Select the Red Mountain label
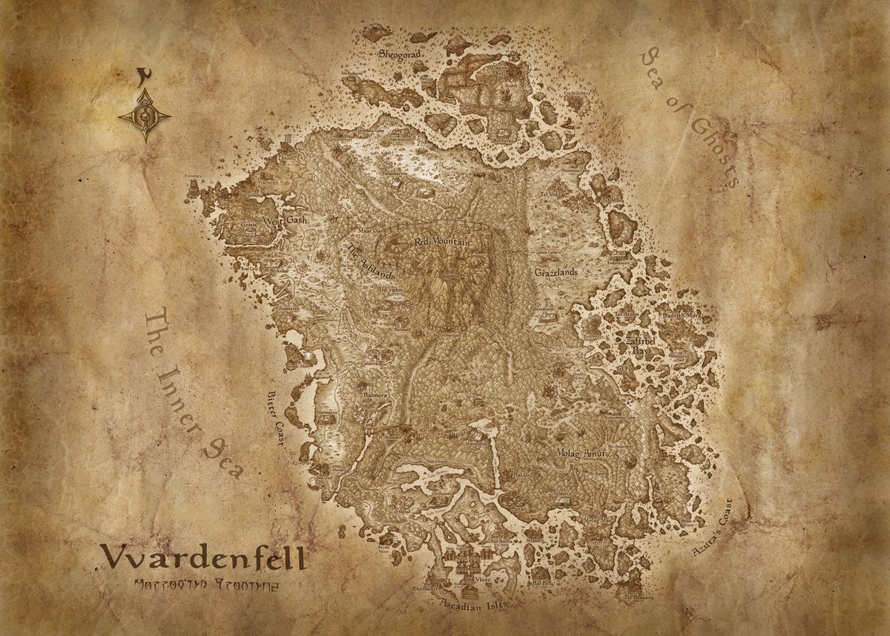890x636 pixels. pos(442,242)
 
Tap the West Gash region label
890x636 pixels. pos(283,220)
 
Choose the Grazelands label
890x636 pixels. pos(556,272)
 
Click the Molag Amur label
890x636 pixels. pos(581,453)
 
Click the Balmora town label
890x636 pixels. pos(375,396)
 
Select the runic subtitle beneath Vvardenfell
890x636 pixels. pos(203,584)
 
